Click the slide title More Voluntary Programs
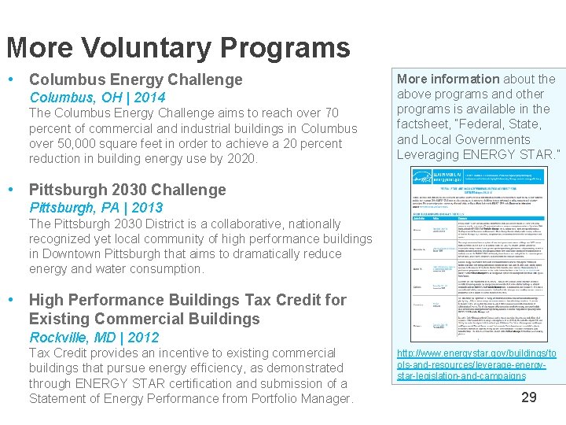tap(178, 47)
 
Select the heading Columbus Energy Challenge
tap(135, 79)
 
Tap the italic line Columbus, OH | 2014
tap(97, 98)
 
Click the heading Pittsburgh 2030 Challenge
tap(127, 190)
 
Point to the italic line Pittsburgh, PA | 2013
tap(95, 208)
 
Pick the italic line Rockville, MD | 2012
tap(94, 338)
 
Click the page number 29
tap(529, 397)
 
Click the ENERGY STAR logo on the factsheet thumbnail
tap(428, 178)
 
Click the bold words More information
tap(447, 79)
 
